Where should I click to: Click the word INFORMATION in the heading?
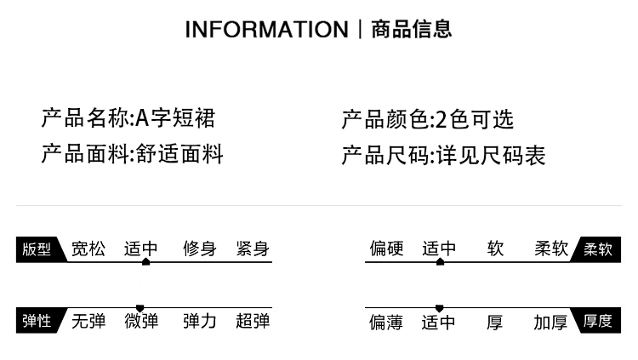(266, 30)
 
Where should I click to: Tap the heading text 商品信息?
(412, 30)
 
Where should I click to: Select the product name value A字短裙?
(176, 118)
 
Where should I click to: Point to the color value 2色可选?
(475, 119)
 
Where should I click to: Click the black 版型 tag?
(37, 249)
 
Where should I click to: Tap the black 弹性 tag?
(37, 321)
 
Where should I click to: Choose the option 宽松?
(88, 249)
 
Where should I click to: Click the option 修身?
(200, 249)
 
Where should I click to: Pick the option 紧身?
(253, 249)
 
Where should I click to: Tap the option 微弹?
(141, 321)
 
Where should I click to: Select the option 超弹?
(253, 321)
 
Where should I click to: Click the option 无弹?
(88, 321)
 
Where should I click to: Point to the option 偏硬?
(386, 249)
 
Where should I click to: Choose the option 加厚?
(550, 322)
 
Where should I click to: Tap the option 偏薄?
(386, 322)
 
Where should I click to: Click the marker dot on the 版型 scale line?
(145, 261)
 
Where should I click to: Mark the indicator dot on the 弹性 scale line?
(140, 308)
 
